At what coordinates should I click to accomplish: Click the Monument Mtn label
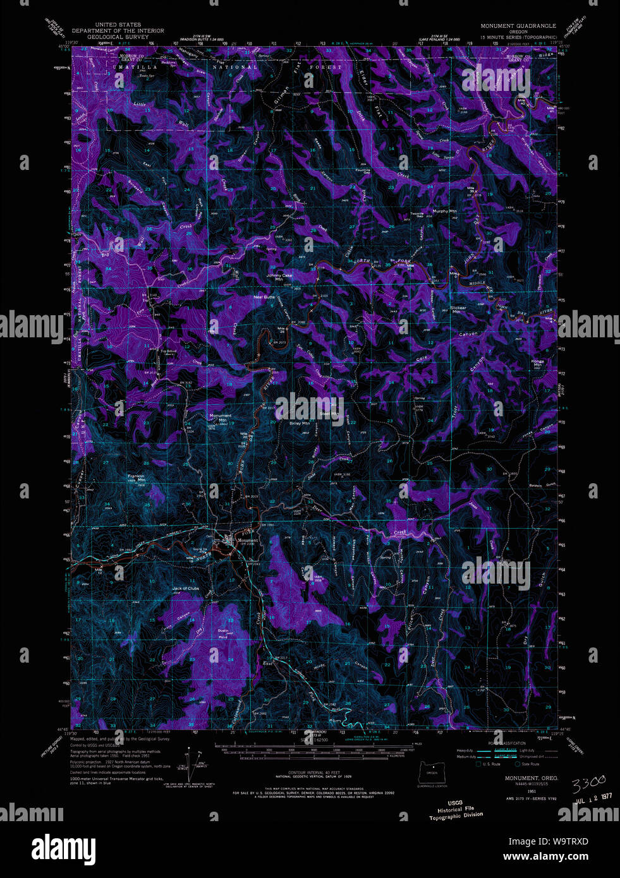click(221, 418)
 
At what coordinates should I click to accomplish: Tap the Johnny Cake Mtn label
click(279, 277)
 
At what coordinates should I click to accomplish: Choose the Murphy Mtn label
click(444, 211)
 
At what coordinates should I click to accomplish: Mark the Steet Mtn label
click(329, 414)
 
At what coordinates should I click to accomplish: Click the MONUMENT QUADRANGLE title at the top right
click(518, 26)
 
